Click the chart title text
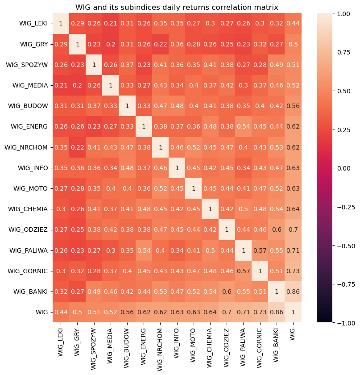point(177,7)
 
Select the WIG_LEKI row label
point(35,23)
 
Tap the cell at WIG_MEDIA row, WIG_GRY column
point(78,85)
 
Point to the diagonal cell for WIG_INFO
point(177,167)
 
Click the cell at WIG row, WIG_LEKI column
point(61,312)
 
